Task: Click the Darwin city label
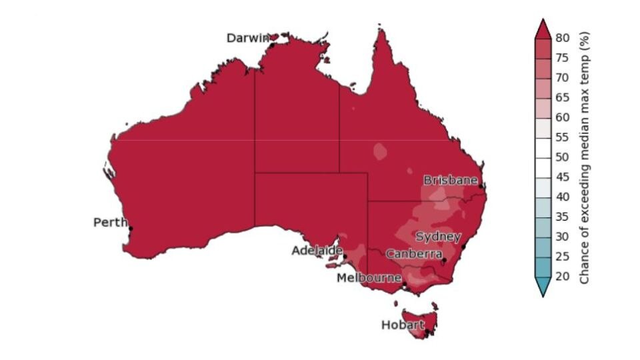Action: (248, 38)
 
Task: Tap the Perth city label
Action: (110, 223)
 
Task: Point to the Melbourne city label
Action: (369, 277)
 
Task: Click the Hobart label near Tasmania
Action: (403, 325)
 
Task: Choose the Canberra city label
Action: (414, 254)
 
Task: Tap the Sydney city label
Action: (438, 237)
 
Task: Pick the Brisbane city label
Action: (451, 180)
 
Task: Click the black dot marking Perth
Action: (131, 229)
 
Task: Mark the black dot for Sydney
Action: (463, 247)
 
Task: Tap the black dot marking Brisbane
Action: (481, 187)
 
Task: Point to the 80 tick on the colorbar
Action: (562, 38)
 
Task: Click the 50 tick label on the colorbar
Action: (562, 157)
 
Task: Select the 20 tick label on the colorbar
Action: (562, 277)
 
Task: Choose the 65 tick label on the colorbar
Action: (562, 97)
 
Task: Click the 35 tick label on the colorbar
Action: (562, 217)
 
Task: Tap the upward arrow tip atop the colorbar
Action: (542, 22)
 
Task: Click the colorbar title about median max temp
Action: (585, 157)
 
